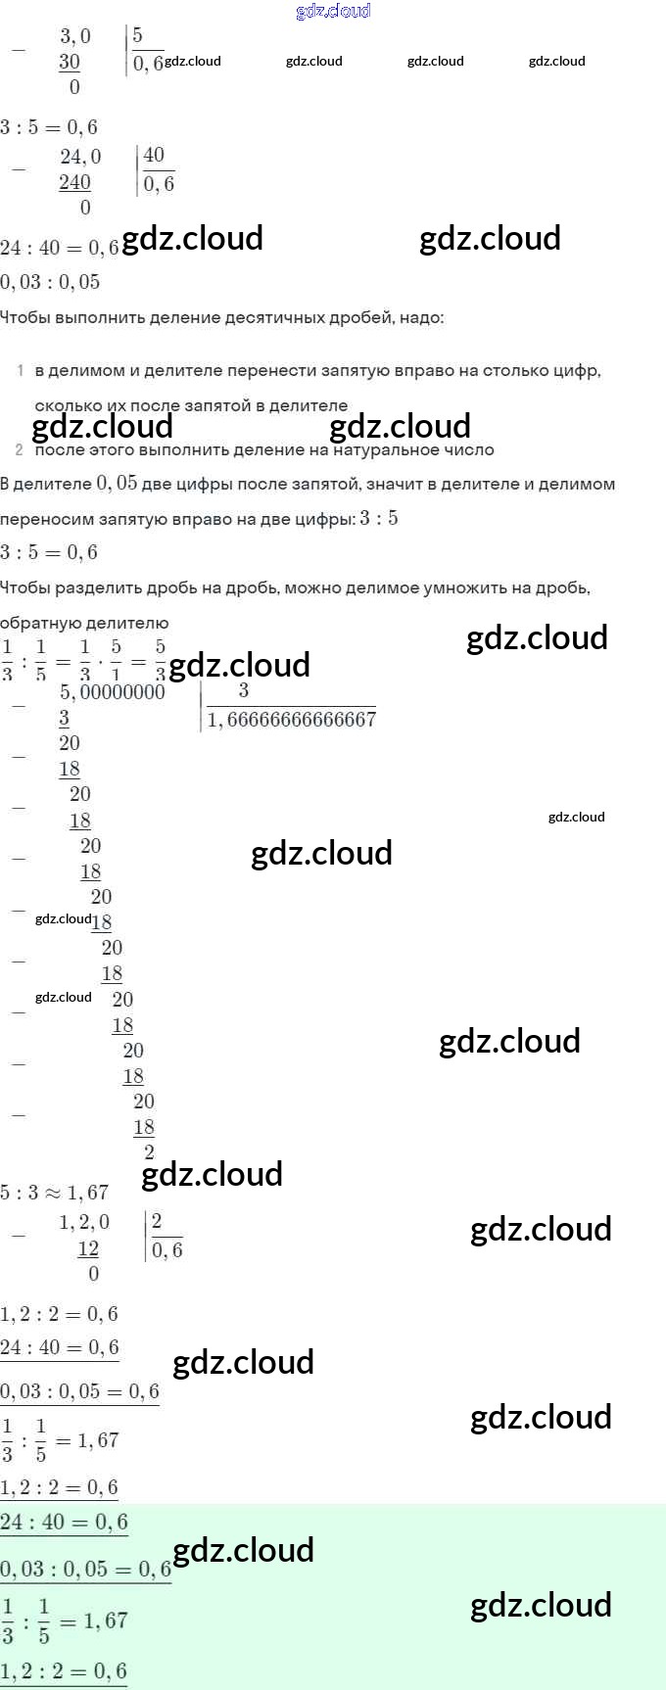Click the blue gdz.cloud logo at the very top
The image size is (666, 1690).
[333, 11]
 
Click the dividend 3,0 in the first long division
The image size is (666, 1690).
[75, 37]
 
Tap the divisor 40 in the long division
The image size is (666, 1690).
[154, 155]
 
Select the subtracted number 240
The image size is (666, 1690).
[74, 182]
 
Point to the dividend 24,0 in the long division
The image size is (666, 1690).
[80, 157]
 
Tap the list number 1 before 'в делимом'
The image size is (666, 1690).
[21, 370]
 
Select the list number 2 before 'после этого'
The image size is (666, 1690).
[20, 449]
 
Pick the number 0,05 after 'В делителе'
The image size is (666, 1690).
[117, 483]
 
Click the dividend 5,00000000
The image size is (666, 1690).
[113, 692]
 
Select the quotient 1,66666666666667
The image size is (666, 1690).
[292, 720]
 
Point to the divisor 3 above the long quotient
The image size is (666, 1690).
[243, 691]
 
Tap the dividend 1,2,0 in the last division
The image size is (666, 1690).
[84, 1222]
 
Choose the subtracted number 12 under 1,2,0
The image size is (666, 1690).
[88, 1248]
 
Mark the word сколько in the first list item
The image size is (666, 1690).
[65, 405]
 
